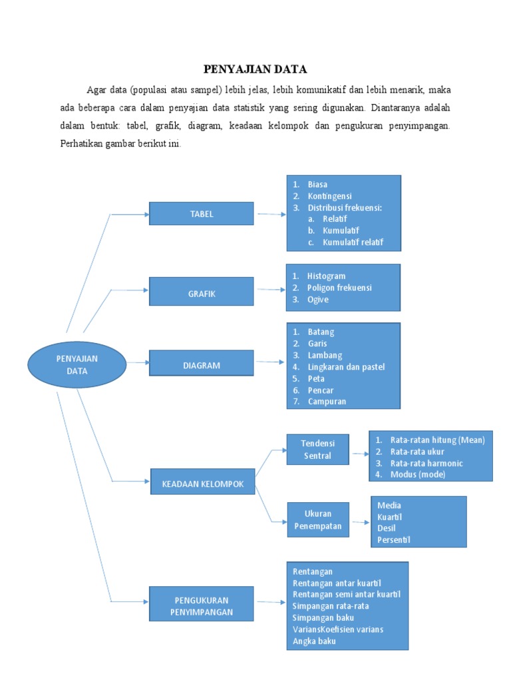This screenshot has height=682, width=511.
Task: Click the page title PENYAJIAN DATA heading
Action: point(255,69)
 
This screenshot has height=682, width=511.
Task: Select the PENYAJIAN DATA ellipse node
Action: point(77,364)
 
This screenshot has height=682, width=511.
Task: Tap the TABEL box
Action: point(201,214)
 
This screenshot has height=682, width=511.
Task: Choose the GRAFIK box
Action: point(201,294)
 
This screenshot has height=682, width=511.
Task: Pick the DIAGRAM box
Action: point(201,365)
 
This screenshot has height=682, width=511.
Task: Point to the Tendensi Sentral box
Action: point(317,450)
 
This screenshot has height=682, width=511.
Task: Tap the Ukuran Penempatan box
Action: point(317,519)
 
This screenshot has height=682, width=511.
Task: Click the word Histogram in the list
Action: point(326,276)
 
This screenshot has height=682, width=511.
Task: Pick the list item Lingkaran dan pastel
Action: point(346,367)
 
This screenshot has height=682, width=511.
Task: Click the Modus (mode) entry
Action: point(418,474)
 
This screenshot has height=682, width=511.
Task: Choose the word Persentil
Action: point(394,539)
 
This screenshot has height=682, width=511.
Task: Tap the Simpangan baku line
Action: point(323,617)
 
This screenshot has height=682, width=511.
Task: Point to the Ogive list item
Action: point(317,300)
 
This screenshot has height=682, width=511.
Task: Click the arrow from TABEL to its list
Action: point(270,214)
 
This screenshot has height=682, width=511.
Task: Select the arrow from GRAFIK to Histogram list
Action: point(270,290)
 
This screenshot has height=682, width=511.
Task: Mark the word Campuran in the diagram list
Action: point(327,402)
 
